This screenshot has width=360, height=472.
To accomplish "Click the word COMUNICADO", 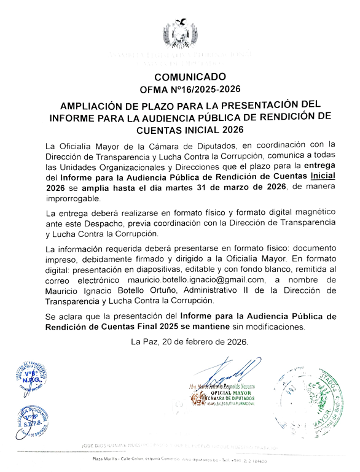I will coord(190,77).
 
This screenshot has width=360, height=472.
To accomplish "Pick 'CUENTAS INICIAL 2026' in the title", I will coord(190,130).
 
